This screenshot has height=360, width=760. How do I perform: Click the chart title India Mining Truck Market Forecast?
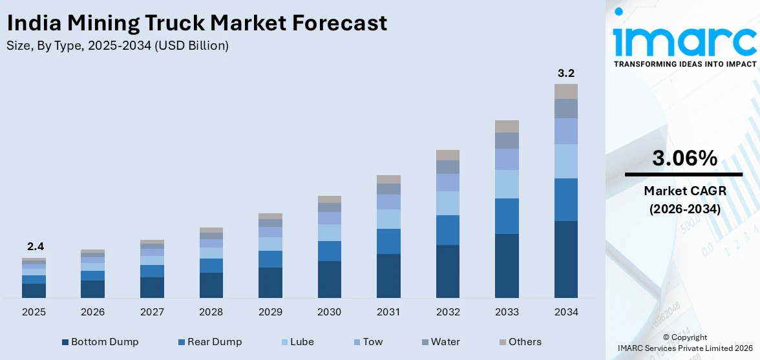(x=196, y=23)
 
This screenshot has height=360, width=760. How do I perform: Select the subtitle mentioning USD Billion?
(x=117, y=46)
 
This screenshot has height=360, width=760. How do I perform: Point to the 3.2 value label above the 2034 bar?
(x=565, y=73)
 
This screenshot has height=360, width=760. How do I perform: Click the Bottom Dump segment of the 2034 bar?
(x=565, y=259)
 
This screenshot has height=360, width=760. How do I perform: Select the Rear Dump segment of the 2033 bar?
(x=507, y=216)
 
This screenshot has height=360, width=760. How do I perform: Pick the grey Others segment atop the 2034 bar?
(x=565, y=91)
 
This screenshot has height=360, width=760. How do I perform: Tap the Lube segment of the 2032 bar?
(x=448, y=203)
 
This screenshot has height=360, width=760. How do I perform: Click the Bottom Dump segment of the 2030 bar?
(x=330, y=279)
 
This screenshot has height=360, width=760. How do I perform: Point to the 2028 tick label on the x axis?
(x=211, y=312)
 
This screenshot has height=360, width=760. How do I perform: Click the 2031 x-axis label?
(x=388, y=312)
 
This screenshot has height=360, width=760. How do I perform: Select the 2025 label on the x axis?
(x=34, y=312)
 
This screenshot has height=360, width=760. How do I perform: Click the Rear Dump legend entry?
(x=209, y=342)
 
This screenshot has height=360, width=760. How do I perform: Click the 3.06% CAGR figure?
(x=684, y=158)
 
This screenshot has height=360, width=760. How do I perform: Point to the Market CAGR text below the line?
(x=684, y=191)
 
